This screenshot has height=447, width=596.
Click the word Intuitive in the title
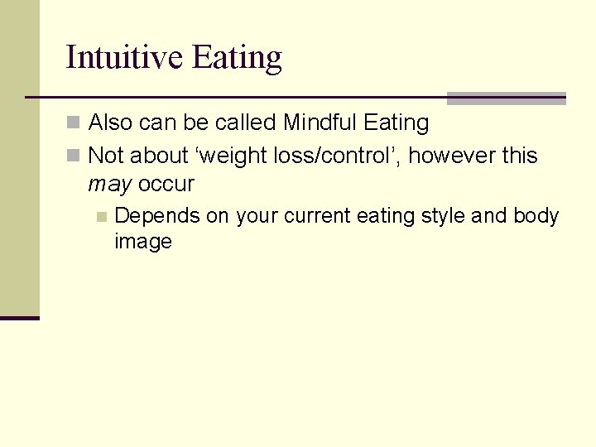[125, 57]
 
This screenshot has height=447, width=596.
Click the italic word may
[110, 185]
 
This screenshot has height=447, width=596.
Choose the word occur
[166, 184]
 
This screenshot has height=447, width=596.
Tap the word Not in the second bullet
[104, 155]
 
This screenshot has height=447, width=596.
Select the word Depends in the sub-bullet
[157, 217]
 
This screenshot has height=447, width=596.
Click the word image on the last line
[143, 242]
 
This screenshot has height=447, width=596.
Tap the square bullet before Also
[73, 123]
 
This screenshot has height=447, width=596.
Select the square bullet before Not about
[73, 156]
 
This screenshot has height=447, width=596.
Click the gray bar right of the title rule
[506, 99]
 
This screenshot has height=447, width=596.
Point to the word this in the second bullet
[519, 155]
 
